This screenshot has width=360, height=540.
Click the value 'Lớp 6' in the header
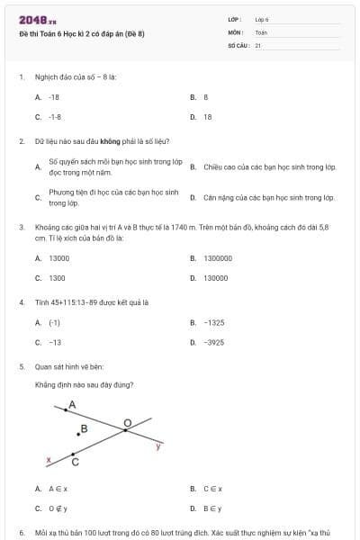pos(262,19)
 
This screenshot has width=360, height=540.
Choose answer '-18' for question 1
pos(54,96)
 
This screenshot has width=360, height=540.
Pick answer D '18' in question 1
pos(208,117)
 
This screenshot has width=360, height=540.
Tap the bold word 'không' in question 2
pos(111,141)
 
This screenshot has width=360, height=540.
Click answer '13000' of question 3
pos(59,258)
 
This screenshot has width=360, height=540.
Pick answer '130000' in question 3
pos(216,278)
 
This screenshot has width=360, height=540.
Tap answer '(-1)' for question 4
pos(55,322)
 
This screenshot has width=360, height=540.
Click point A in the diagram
pos(65,411)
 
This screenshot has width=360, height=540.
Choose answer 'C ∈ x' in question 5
pos(213,489)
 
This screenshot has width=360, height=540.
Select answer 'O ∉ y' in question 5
pos(58,508)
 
